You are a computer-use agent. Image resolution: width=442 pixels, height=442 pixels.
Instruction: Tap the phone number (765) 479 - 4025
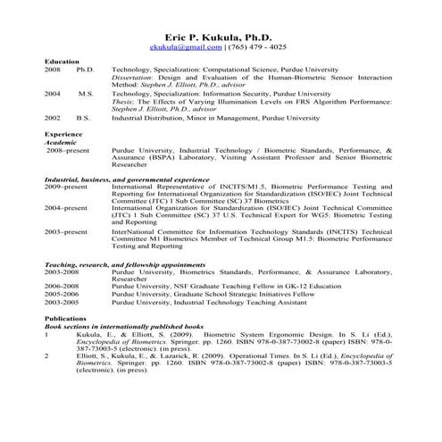(260, 46)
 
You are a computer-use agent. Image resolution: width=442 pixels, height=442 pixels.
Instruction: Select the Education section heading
(62, 62)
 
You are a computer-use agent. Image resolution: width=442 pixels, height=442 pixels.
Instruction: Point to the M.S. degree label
(86, 93)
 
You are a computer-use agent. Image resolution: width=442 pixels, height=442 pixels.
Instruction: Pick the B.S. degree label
(83, 116)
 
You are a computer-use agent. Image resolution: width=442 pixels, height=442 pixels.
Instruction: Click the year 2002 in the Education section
(53, 116)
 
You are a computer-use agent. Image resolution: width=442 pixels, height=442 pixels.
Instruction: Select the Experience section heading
(63, 134)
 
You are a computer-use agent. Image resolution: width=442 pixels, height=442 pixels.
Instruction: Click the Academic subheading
(61, 141)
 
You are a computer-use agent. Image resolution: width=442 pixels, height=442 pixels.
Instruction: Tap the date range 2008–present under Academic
(67, 150)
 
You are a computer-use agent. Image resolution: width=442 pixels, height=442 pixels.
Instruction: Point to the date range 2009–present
(66, 187)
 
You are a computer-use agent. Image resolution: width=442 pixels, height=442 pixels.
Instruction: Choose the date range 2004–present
(66, 208)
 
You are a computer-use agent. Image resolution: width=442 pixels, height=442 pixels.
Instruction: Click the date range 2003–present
(66, 230)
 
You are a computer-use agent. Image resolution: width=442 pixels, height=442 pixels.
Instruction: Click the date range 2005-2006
(61, 295)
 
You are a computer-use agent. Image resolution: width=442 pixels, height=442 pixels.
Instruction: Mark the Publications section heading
(65, 317)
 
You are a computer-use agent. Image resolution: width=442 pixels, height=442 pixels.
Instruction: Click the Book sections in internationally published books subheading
(124, 325)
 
